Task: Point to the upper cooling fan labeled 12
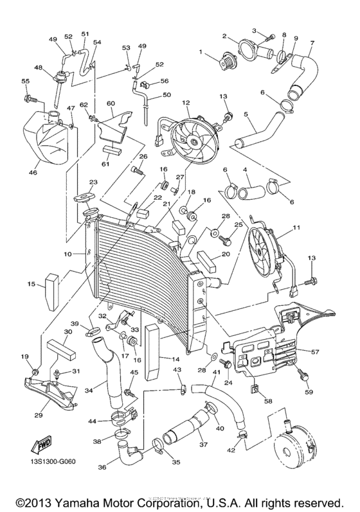click(192, 136)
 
